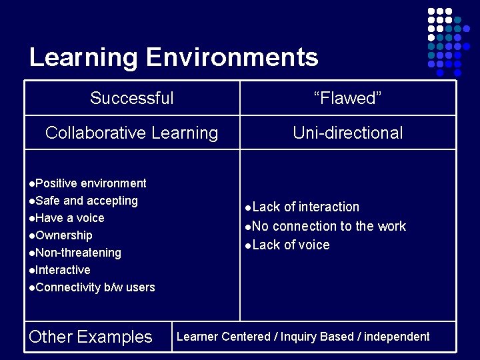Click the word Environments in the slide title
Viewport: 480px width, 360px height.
pos(231,57)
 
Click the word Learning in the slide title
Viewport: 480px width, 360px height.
pos(83,57)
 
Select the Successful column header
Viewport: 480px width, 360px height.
pos(132,99)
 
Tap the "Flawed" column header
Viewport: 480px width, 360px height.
pos(347,99)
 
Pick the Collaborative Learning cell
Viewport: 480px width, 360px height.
pos(132,133)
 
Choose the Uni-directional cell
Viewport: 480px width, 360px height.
pos(347,133)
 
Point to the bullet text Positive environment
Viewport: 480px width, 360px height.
pos(91,183)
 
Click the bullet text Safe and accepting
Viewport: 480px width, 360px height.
pos(87,201)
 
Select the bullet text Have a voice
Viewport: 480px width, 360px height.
pos(70,218)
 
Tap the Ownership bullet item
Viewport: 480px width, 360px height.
pos(64,235)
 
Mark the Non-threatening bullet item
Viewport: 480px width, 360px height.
pos(78,253)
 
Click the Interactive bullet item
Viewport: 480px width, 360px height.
pos(63,270)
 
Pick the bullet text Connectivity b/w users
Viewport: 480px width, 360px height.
pos(95,287)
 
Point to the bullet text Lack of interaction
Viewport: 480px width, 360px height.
pos(305,207)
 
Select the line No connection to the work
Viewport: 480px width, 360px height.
pos(329,226)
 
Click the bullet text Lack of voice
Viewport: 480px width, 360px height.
pos(291,245)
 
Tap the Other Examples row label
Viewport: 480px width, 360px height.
pos(91,337)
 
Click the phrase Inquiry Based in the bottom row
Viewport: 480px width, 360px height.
pos(317,337)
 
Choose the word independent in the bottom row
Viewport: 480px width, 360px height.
pos(397,337)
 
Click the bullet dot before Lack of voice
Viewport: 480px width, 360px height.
pos(247,245)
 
